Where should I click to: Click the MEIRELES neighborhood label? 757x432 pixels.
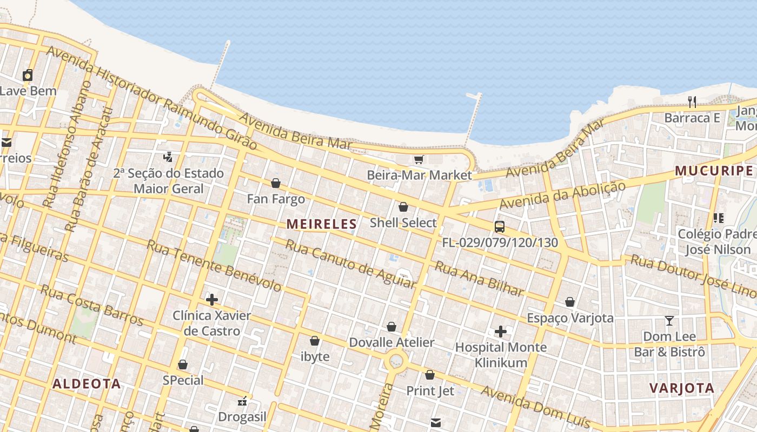(x=322, y=224)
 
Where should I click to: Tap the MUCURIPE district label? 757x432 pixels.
(x=713, y=171)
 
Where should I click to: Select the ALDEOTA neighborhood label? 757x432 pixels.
(x=87, y=384)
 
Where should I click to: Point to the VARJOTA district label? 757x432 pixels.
(x=682, y=388)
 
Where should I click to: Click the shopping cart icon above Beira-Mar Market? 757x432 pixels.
(x=419, y=159)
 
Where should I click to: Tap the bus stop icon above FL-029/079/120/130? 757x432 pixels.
(x=500, y=227)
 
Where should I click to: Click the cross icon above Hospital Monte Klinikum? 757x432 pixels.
(x=501, y=331)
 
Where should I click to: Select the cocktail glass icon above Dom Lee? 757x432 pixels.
(x=669, y=321)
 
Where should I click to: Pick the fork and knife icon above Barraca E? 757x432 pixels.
(x=692, y=102)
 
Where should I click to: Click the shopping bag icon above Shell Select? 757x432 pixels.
(x=403, y=207)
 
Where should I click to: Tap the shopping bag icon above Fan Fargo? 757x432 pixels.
(x=276, y=183)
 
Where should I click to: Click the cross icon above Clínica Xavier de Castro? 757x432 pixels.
(x=212, y=299)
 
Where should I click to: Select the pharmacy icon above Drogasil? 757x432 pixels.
(x=242, y=401)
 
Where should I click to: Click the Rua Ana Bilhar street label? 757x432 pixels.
(x=480, y=279)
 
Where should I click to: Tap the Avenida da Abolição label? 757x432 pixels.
(x=562, y=195)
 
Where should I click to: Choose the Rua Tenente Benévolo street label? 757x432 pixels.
(x=214, y=265)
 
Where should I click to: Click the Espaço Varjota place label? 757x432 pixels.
(x=570, y=318)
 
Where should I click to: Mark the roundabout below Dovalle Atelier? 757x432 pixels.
(x=396, y=360)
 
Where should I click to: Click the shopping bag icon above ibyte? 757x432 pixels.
(x=315, y=341)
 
